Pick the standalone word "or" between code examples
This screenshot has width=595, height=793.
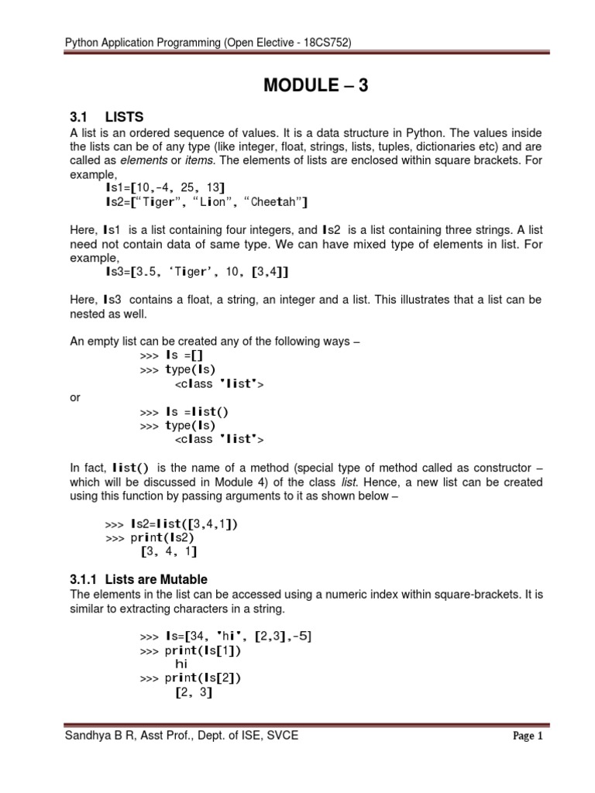(x=75, y=397)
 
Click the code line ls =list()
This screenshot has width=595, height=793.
(x=198, y=411)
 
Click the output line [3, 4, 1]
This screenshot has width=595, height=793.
(x=168, y=551)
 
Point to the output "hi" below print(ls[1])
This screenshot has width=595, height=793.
(x=182, y=664)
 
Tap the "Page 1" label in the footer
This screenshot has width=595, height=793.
(x=528, y=736)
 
